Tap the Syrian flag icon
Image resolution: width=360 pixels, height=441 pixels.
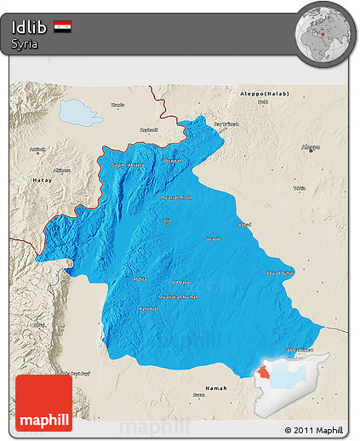tap(62, 26)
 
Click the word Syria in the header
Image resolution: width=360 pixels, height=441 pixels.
tap(24, 44)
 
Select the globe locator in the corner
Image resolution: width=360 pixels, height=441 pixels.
tap(323, 32)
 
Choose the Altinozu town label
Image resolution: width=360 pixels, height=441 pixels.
tap(61, 170)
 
